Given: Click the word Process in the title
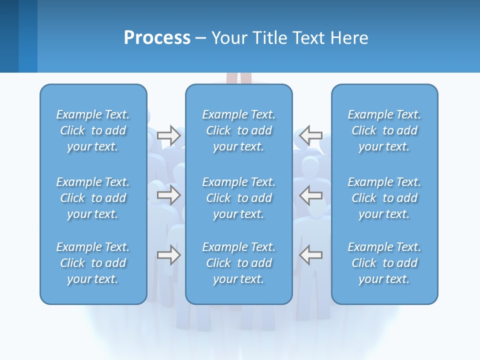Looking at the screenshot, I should (157, 38).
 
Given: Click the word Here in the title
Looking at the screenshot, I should (349, 38).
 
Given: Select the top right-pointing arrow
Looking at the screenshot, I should (168, 135).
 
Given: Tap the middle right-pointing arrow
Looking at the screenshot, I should (168, 195).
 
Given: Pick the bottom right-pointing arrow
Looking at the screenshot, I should (168, 255).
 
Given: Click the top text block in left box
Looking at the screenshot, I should (93, 130).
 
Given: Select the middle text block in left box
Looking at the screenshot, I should (93, 198).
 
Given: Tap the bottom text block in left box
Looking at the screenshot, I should (93, 263).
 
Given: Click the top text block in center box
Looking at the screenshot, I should (239, 130).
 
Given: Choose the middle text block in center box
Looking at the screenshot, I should (239, 198).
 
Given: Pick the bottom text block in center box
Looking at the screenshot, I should (239, 263).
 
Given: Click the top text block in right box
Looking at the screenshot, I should (384, 130).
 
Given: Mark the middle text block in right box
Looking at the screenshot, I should (384, 198).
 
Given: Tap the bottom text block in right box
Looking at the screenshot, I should (384, 263).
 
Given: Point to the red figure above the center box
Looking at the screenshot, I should (239, 78).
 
